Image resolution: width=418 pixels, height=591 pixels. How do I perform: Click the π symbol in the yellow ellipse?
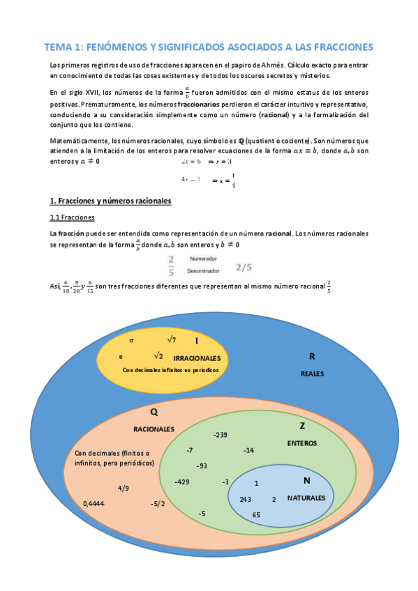click(x=131, y=340)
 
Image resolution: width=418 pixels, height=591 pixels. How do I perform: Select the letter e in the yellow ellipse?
click(x=121, y=356)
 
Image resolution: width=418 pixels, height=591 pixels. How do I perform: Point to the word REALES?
click(x=312, y=374)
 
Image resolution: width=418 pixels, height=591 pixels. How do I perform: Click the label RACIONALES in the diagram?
click(x=154, y=429)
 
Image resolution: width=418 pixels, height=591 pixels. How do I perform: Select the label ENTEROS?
click(x=301, y=443)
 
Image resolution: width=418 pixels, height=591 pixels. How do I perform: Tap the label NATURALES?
click(x=306, y=498)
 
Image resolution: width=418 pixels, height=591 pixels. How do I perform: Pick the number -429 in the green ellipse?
click(x=182, y=482)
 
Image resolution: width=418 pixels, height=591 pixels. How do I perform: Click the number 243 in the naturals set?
click(x=245, y=499)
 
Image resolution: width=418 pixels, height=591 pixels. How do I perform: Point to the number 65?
click(x=256, y=514)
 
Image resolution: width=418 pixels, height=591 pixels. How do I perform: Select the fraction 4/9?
click(x=123, y=488)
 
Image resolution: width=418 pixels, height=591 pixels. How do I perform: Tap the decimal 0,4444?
click(x=94, y=503)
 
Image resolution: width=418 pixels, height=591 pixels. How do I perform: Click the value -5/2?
click(x=158, y=503)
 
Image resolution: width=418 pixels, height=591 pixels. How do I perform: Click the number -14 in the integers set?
click(x=248, y=450)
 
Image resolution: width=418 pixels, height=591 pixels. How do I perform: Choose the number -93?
click(x=201, y=466)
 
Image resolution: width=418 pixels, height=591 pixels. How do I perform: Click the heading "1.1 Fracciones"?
click(x=68, y=217)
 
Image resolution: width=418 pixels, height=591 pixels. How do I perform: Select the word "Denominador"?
click(x=202, y=270)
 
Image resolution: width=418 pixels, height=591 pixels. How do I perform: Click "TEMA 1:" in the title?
click(x=64, y=47)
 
